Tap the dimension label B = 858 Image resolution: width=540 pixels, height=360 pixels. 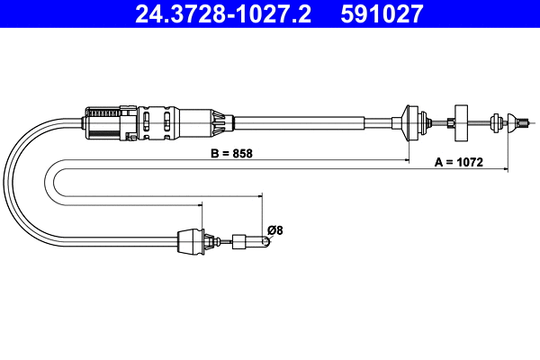coord(231,153)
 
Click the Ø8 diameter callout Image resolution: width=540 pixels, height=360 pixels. coord(275,230)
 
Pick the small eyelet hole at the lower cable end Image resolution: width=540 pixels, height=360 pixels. coord(267,240)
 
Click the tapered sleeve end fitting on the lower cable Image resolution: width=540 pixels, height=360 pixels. coord(191,240)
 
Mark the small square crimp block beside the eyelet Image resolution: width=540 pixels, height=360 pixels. coord(239,240)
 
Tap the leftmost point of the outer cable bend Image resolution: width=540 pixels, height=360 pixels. coord(6,180)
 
